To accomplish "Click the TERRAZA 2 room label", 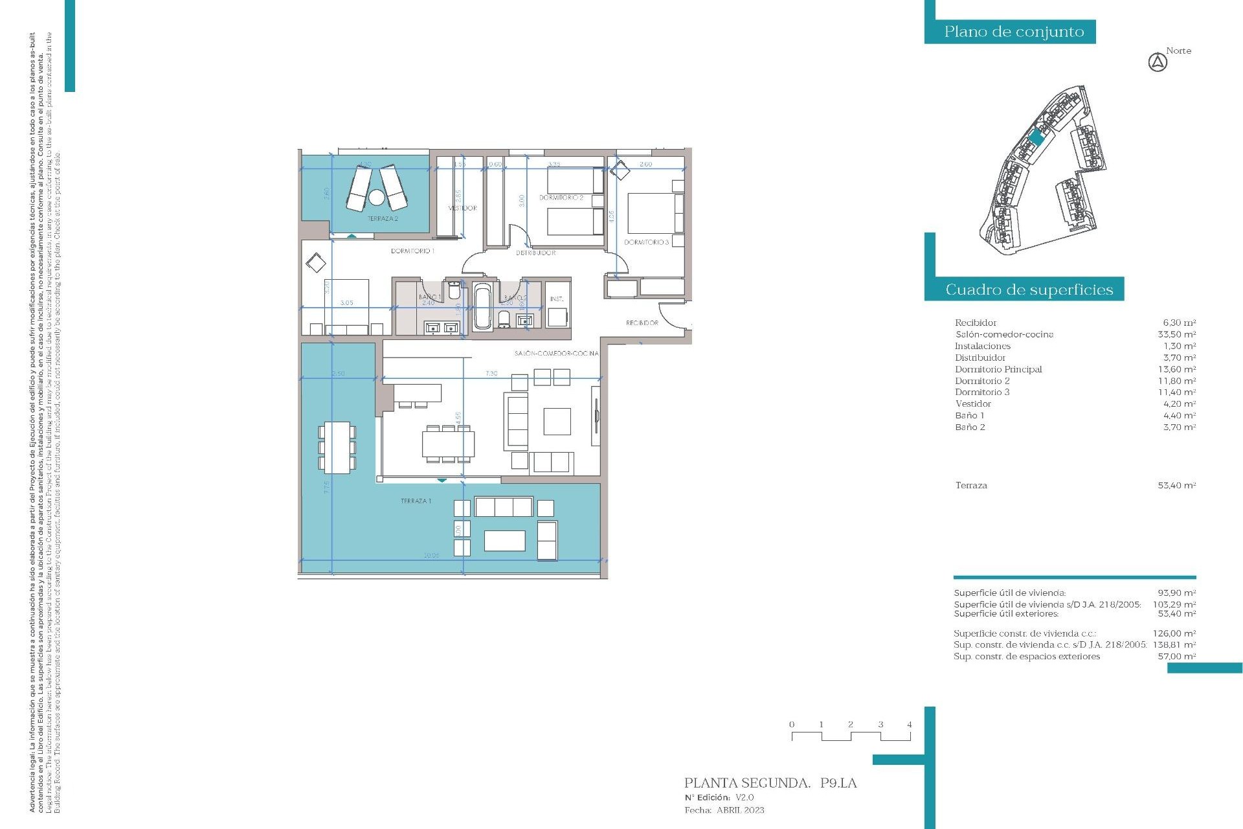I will click(383, 219).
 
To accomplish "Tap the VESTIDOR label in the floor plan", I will click(462, 208).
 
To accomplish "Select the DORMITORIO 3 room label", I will click(646, 242).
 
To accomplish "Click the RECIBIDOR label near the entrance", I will click(642, 323).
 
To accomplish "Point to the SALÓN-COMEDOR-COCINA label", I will click(556, 354).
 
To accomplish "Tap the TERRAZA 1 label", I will click(416, 501).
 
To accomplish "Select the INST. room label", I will click(557, 299).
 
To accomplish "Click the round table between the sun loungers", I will click(377, 196).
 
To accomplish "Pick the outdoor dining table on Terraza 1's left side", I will click(337, 447).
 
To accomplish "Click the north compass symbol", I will click(1158, 63).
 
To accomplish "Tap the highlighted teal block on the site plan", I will click(1036, 137).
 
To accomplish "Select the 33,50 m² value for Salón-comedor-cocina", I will click(1176, 334).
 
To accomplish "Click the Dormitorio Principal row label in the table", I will click(998, 369).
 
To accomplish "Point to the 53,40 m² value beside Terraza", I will click(1176, 485).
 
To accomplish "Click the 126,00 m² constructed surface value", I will click(1176, 633).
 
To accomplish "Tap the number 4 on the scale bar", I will click(910, 725).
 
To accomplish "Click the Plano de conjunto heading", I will click(1013, 32).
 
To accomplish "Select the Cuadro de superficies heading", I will click(1029, 290).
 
